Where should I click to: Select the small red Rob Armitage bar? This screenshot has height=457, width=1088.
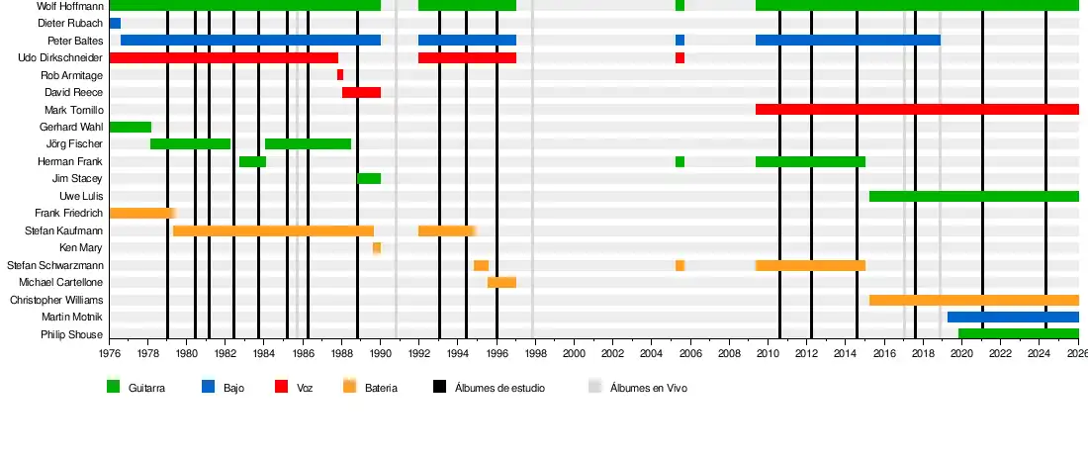340,75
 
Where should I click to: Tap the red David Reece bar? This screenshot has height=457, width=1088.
361,92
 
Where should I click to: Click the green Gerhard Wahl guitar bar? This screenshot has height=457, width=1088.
130,127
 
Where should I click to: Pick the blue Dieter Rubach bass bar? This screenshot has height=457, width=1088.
115,23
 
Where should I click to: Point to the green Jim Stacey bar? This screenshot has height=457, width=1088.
369,179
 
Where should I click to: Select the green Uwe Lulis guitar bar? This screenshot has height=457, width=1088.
973,196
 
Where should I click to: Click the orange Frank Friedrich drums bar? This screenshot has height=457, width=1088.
141,214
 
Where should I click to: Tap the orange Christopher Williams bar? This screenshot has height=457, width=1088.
973,300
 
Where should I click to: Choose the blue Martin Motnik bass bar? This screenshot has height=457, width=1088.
1013,318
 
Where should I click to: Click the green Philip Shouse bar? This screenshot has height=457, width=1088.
1018,334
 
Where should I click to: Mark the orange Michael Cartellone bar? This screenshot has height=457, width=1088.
501,283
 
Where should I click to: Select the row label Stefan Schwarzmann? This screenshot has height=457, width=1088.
54,265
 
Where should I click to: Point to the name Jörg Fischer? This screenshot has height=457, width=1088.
69,144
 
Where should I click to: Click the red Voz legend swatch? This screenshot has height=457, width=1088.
281,387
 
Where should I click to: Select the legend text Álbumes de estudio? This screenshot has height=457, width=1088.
499,388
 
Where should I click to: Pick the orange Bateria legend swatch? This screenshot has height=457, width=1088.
349,387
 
